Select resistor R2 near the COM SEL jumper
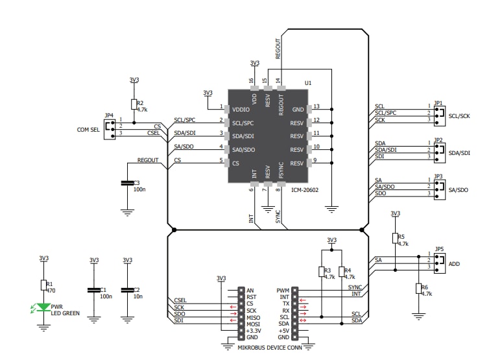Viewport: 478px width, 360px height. tap(134, 104)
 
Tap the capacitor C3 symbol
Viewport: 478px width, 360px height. tap(127, 184)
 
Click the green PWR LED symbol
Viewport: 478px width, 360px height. tap(44, 308)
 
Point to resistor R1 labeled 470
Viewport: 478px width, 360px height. tap(44, 285)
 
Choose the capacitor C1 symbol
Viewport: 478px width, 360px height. tap(94, 289)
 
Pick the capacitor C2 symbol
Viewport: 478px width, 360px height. tap(127, 289)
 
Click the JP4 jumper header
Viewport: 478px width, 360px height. tap(110, 128)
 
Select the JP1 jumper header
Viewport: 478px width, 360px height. tap(438, 113)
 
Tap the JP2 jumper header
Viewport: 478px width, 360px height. tap(438, 150)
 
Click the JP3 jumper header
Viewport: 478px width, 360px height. tap(438, 187)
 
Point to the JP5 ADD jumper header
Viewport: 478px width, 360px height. tap(438, 261)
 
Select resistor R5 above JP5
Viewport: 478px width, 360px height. tap(395, 238)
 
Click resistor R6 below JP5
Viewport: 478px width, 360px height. tap(418, 289)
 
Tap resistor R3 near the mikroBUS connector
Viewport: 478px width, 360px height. tap(321, 271)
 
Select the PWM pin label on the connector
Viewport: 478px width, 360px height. tap(283, 291)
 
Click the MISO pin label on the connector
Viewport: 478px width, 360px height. tap(252, 317)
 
